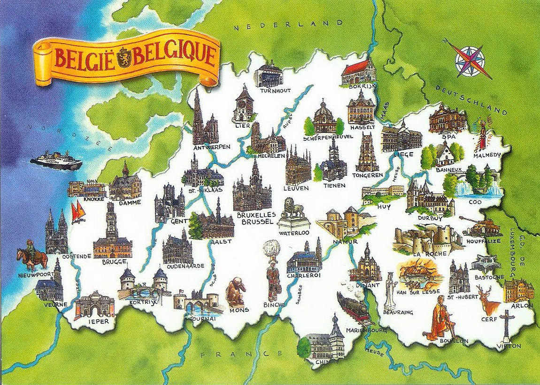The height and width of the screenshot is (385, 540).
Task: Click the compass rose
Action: coord(471,58)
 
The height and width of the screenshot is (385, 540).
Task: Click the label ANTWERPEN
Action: coord(212,147)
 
